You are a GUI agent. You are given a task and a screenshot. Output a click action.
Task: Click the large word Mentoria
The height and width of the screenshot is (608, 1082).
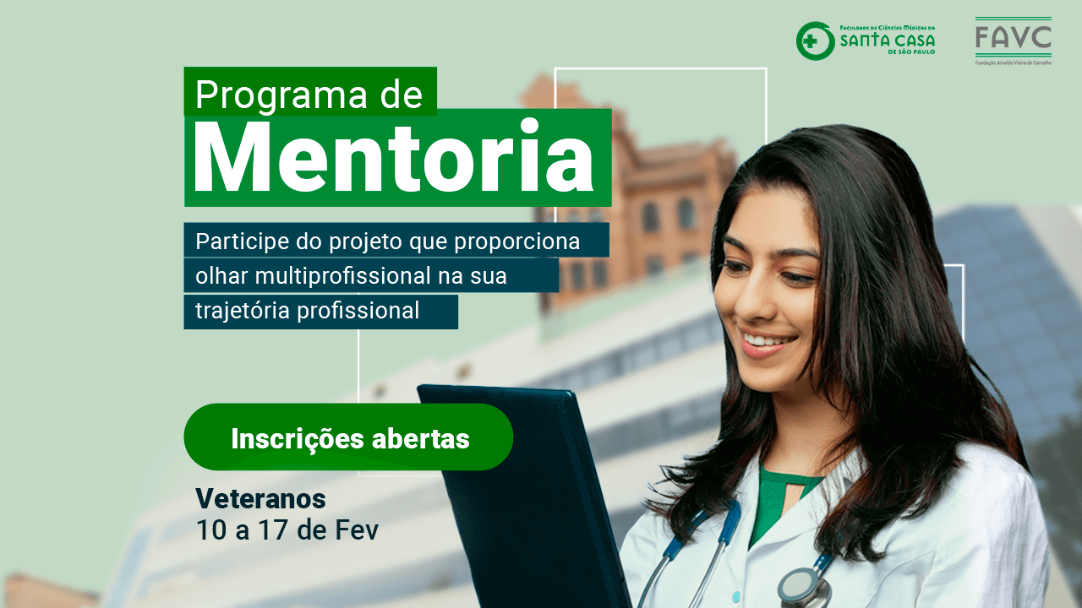click(x=394, y=157)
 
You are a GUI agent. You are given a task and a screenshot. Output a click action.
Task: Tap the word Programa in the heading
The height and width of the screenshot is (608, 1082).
click(x=281, y=95)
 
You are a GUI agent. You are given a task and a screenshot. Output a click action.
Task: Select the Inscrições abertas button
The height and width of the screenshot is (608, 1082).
click(x=348, y=437)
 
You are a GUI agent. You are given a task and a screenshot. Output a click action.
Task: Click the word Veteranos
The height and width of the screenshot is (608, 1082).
click(x=261, y=499)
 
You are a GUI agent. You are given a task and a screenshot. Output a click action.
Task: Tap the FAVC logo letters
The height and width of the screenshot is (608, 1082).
click(x=1013, y=37)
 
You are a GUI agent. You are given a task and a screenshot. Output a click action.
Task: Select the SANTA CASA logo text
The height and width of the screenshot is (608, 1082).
click(x=888, y=40)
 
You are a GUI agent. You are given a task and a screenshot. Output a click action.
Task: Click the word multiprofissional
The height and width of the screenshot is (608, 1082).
click(x=342, y=276)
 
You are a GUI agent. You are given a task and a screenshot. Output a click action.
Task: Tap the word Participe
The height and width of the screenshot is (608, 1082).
click(x=243, y=242)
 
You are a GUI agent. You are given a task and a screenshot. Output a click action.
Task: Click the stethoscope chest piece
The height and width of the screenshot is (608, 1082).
click(x=802, y=589)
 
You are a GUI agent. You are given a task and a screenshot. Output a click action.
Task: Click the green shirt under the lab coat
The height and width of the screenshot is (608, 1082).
click(x=778, y=502)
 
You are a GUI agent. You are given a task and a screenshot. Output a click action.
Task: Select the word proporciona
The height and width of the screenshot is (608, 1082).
click(x=516, y=242)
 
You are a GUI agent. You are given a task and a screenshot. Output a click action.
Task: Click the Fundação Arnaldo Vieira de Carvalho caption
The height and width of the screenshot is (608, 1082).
click(x=1014, y=62)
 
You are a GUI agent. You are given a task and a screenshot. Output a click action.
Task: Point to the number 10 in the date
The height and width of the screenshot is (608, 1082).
click(x=211, y=529)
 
